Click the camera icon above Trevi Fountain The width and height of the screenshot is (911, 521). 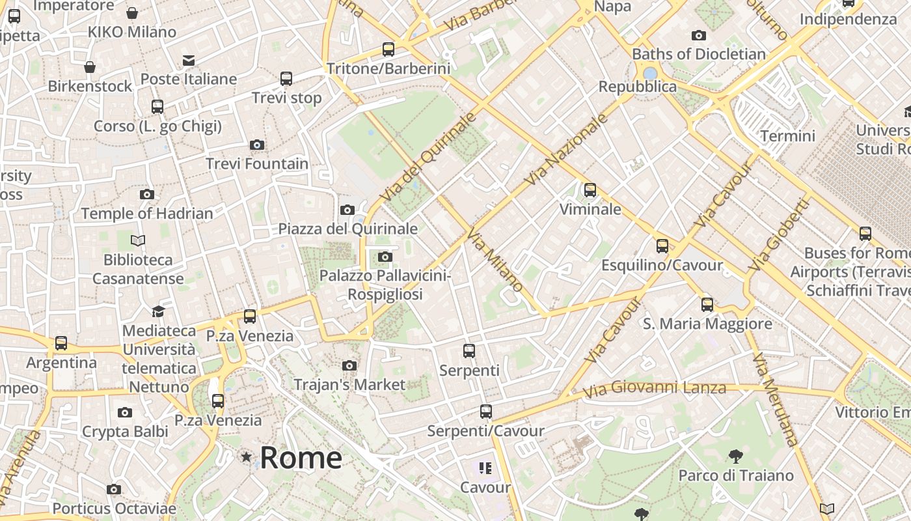(x=257, y=145)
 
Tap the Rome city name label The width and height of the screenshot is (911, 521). (x=301, y=458)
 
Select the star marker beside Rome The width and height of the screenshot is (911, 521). (x=247, y=457)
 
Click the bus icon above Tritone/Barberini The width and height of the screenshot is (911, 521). (x=388, y=49)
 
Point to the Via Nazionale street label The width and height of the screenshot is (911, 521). (x=567, y=149)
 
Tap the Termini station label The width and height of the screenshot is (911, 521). (x=787, y=136)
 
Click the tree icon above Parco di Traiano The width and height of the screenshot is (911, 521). (x=736, y=456)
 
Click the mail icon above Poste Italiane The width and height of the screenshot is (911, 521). (x=189, y=61)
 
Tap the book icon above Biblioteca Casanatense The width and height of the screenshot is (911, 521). (x=138, y=241)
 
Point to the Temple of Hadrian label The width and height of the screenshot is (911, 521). (x=147, y=214)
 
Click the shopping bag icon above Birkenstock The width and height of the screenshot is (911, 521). (x=90, y=67)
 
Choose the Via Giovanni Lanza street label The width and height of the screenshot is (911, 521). (x=655, y=389)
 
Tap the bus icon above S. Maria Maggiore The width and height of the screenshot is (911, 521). (x=707, y=304)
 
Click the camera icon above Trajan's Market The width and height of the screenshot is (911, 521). (x=349, y=365)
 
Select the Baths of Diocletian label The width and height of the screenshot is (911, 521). (x=699, y=54)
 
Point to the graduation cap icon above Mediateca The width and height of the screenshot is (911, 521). (x=158, y=311)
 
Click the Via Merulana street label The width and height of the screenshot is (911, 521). (x=775, y=399)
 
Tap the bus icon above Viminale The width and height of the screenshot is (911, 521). (x=590, y=190)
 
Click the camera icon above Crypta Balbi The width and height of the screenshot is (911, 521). (x=125, y=412)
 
